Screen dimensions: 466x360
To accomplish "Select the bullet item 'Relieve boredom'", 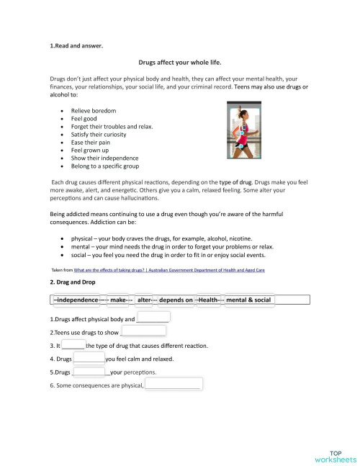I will [x=94, y=110].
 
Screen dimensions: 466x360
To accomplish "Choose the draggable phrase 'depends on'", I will [x=176, y=299].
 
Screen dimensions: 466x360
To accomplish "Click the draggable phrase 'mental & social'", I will [x=249, y=299].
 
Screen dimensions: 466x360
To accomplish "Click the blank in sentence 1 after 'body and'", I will [x=153, y=318].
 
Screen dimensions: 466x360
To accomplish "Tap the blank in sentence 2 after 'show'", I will [x=143, y=331].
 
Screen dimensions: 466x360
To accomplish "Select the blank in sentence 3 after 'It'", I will [x=73, y=345].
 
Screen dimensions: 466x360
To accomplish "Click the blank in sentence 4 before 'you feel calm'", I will [x=89, y=359].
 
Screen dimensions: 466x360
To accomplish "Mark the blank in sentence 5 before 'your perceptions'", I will [x=89, y=372].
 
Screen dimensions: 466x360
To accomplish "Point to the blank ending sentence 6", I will [x=173, y=386].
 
